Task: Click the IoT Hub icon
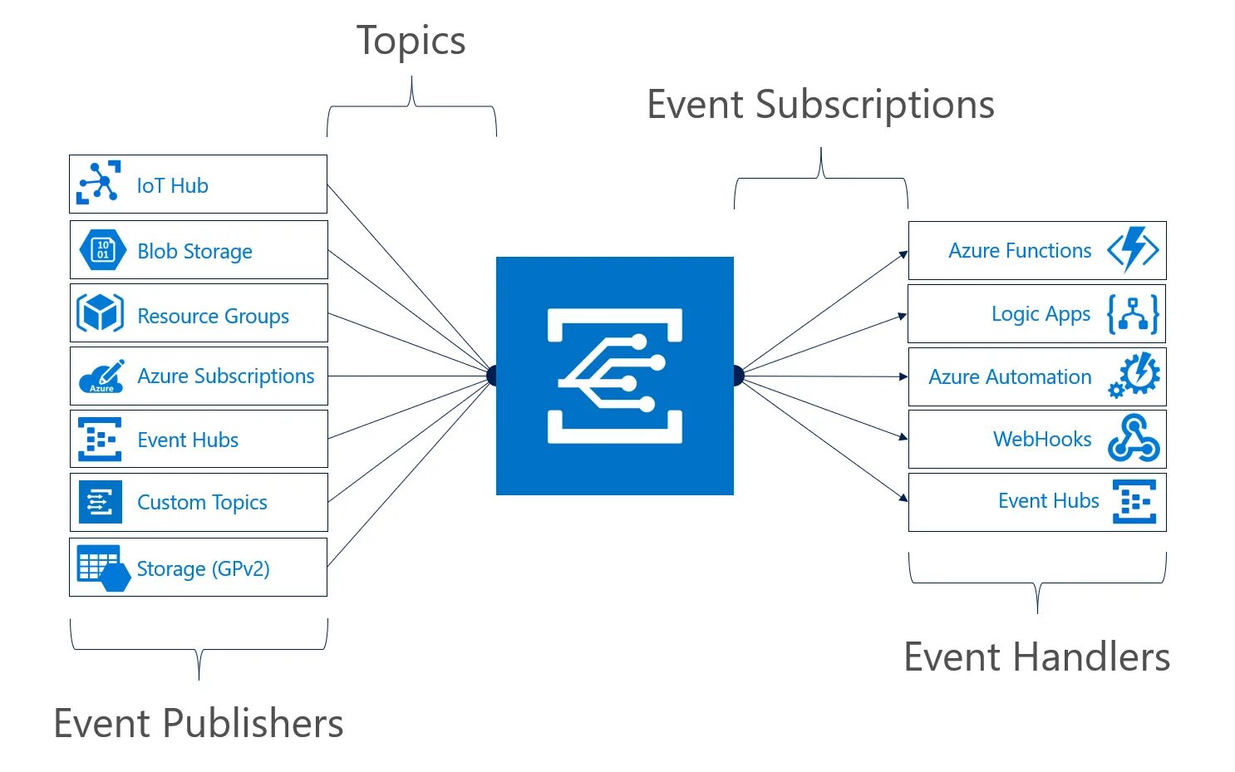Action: [99, 183]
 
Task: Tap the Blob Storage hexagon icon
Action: [102, 249]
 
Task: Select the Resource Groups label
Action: [213, 316]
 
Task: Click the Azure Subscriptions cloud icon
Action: [102, 376]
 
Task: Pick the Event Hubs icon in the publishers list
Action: [100, 440]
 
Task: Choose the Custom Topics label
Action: [202, 503]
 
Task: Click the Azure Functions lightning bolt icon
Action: [1133, 249]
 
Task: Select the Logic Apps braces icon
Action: [1133, 314]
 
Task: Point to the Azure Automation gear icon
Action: [1134, 376]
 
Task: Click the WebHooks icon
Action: [1133, 439]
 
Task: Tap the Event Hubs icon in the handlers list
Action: [1134, 502]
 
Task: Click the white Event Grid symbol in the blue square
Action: [615, 376]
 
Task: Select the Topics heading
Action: [411, 41]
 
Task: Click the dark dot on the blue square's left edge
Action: [492, 376]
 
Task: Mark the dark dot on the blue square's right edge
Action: [738, 376]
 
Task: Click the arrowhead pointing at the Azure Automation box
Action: [903, 376]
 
